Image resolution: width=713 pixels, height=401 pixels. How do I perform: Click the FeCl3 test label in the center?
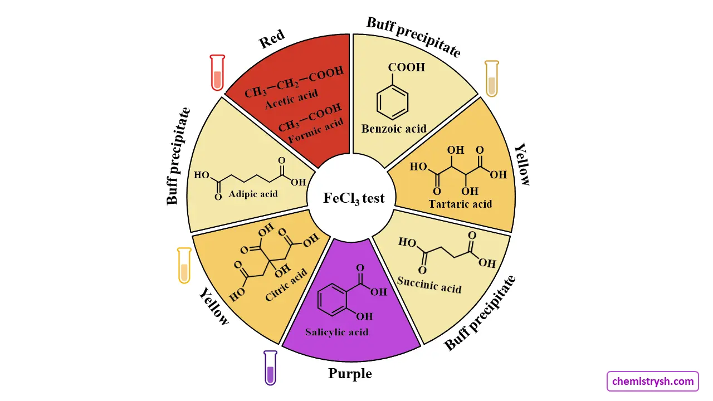354,198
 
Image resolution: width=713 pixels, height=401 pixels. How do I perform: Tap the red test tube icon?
217,72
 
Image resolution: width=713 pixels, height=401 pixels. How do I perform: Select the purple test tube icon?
270,368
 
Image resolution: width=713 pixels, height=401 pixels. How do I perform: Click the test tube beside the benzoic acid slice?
491,79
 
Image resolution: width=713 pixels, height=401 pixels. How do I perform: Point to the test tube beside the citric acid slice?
184,265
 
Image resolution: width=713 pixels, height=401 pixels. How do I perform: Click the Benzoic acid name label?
394,129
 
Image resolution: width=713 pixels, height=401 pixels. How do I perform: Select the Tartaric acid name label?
460,204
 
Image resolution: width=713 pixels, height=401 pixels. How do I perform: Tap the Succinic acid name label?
429,283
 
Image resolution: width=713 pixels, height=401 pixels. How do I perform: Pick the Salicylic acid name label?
336,332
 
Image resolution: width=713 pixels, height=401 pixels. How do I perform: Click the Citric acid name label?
286,285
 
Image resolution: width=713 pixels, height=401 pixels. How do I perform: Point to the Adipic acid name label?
253,194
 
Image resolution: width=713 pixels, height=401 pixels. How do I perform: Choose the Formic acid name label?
316,131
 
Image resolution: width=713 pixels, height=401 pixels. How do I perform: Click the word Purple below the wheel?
350,373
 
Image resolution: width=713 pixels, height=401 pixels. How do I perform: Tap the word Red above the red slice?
272,39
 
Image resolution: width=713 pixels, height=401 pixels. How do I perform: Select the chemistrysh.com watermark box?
652,382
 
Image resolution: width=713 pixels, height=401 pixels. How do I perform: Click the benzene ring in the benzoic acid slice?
393,102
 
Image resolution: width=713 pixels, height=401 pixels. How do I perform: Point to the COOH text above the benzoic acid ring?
406,67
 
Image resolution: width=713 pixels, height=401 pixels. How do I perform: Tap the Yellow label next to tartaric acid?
522,164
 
